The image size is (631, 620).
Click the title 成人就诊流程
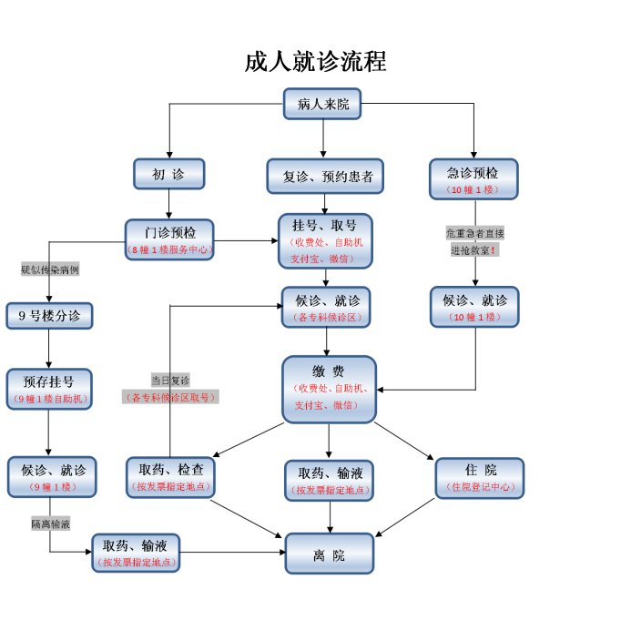coord(315,62)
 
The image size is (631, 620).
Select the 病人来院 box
coord(322,104)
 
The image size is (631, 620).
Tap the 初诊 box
coord(168,173)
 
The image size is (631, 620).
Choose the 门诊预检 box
coord(168,238)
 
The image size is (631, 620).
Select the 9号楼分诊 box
coord(49,315)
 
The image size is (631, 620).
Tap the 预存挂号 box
coord(49,389)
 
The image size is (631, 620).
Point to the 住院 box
coord(481,477)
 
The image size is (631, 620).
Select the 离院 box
coord(329,554)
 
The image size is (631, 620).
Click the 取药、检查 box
coord(170,476)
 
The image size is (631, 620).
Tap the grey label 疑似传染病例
coord(49,269)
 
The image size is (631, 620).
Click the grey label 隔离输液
coord(50,523)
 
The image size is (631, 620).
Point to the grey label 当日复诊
coord(170,380)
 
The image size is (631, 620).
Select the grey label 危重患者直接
coord(474,233)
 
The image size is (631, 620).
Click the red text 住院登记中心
coord(481,488)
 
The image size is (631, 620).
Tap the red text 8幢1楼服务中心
coord(168,249)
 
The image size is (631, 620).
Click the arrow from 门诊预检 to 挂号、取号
coord(245,240)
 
